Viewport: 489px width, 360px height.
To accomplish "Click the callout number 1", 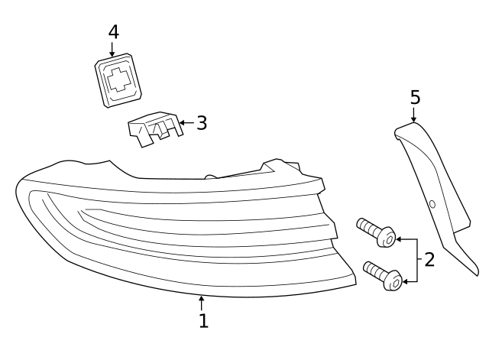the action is pos(203,321).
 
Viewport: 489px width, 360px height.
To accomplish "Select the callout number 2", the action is pos(429,260).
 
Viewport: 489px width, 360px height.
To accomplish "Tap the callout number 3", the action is pos(202,123).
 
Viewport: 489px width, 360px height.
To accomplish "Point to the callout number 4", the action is pos(114,32).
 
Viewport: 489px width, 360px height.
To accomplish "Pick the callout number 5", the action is pos(415,97).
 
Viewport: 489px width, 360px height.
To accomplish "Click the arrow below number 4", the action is pos(112,49).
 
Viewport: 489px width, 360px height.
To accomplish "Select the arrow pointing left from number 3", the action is pos(187,122).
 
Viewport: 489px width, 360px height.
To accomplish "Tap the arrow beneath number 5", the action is pos(413,115).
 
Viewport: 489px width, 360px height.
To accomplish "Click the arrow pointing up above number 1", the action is pos(202,303).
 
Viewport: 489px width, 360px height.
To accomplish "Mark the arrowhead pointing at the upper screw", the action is pos(399,239).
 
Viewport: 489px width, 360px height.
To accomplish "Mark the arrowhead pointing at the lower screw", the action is pos(405,282).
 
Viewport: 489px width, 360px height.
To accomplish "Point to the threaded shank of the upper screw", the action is pos(369,227).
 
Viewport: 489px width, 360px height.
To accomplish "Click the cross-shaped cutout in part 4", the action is pos(118,79).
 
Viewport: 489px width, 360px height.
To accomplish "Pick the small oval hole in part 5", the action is pos(432,204).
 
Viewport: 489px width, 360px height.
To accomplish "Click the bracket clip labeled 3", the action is pos(155,129).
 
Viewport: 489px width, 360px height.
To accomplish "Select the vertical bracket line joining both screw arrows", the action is pos(417,261).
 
